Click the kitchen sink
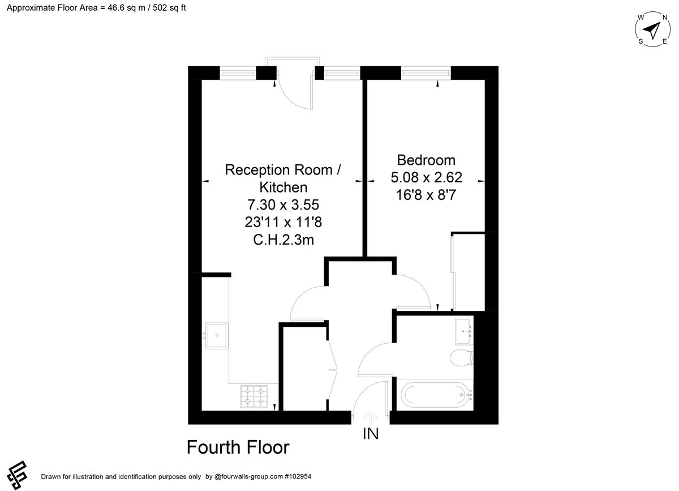tap(217, 335)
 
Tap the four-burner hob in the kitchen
tap(254, 396)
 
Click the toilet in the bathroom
tap(461, 358)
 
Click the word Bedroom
tap(426, 160)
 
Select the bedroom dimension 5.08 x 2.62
tap(426, 178)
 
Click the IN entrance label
tap(371, 434)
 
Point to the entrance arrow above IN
tap(371, 417)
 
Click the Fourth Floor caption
tap(238, 447)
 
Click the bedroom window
tap(426, 72)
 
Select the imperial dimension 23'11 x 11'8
tap(283, 221)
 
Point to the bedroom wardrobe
tap(469, 271)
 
